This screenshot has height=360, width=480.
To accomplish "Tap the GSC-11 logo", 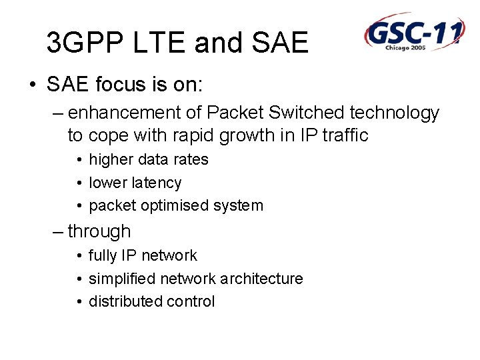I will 413,31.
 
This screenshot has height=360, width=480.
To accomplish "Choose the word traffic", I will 345,135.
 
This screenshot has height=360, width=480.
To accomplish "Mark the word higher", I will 110,160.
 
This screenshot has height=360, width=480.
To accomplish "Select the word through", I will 99,232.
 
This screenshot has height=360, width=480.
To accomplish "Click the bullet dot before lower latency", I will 79,183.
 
